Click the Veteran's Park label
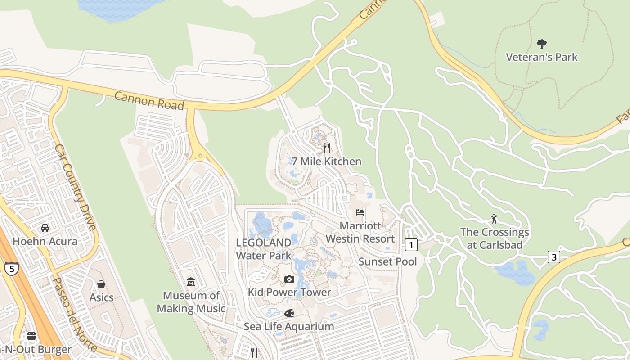pos(542,57)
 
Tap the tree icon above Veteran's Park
pos(542,44)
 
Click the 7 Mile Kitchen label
pos(326,161)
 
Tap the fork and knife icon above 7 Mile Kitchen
pos(327,147)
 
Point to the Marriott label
pos(360,225)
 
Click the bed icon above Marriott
pos(360,212)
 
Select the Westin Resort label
pos(360,238)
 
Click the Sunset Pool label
pos(388,261)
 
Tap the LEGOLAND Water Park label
pos(264,249)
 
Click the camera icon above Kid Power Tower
pos(289,279)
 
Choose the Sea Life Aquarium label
pos(289,326)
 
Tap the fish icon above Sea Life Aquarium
pos(289,313)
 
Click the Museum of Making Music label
pos(191,302)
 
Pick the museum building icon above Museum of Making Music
pos(191,282)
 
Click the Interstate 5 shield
pos(12,269)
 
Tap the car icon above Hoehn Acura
pos(45,228)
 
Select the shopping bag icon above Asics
pos(101,284)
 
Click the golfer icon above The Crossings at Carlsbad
pos(495,219)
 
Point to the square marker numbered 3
pos(554,257)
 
